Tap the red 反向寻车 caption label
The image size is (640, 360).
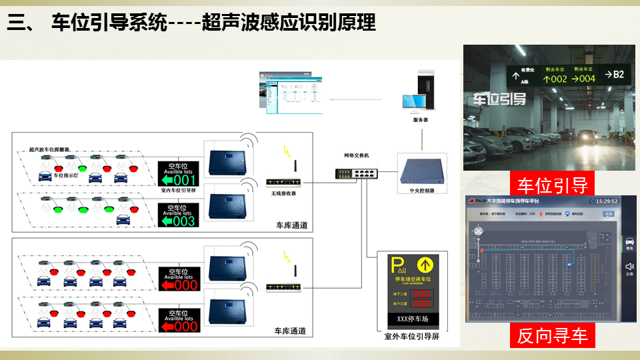(x=553, y=335)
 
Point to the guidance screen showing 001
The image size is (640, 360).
(x=178, y=175)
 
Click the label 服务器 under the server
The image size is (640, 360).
(x=421, y=120)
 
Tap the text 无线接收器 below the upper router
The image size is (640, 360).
(x=283, y=193)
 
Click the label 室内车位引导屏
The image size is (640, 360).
(x=178, y=189)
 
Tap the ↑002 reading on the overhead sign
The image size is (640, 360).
(x=555, y=79)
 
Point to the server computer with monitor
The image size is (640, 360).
(x=420, y=93)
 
